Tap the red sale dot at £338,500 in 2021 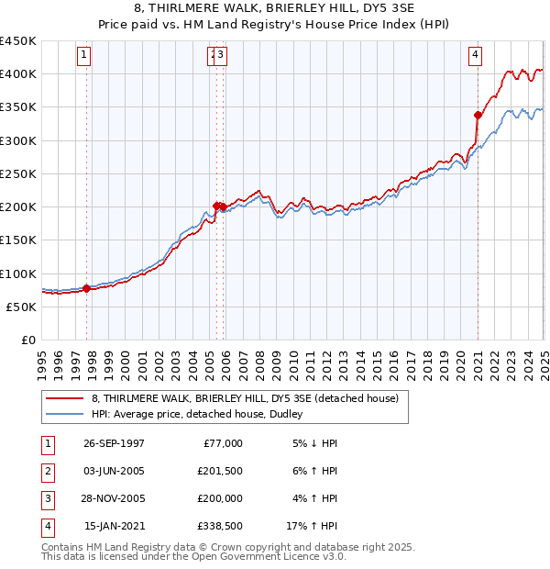pyautogui.click(x=478, y=115)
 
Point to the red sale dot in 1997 pyautogui.click(x=87, y=288)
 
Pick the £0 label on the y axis pyautogui.click(x=28, y=340)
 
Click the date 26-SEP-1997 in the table pyautogui.click(x=114, y=443)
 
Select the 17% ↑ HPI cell pyautogui.click(x=313, y=526)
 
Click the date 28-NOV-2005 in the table pyautogui.click(x=114, y=498)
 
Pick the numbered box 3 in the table pyautogui.click(x=46, y=498)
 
